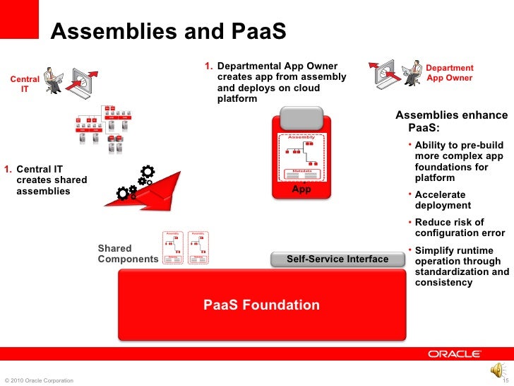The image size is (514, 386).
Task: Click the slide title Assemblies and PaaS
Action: point(167,33)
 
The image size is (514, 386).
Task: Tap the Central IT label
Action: point(24,85)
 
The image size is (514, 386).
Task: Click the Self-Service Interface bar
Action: point(337,259)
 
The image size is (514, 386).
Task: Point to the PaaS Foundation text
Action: point(261,305)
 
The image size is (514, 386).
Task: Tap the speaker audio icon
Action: point(496,370)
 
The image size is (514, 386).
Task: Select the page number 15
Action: point(505,381)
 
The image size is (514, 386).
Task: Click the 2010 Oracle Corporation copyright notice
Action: point(38,381)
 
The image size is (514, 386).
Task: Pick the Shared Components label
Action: point(127,254)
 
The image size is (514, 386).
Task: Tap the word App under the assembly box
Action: point(301,189)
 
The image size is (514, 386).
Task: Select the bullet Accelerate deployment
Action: point(443,200)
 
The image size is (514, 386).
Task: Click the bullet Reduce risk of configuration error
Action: point(460,228)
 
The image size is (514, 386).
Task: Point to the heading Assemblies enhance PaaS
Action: point(450,122)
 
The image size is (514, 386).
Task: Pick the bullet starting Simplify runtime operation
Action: point(461,266)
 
